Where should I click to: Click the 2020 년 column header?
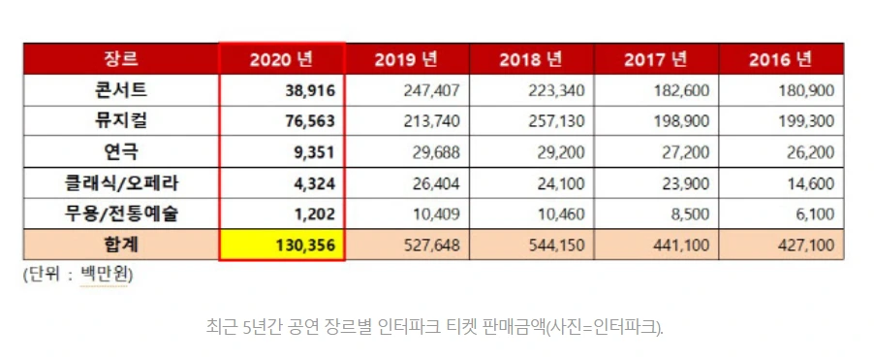(282, 59)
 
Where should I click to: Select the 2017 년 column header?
(656, 59)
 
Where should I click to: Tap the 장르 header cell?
(121, 58)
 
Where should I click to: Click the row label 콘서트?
(121, 90)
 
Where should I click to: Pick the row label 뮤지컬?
(121, 120)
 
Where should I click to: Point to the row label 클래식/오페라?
(121, 182)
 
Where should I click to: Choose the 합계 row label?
(121, 245)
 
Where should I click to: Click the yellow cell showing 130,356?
(282, 245)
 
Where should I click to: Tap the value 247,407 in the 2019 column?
(431, 90)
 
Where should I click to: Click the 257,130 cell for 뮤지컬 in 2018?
(556, 121)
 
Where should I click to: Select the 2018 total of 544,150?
(556, 245)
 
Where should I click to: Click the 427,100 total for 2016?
(806, 245)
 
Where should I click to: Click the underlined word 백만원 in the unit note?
(104, 275)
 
